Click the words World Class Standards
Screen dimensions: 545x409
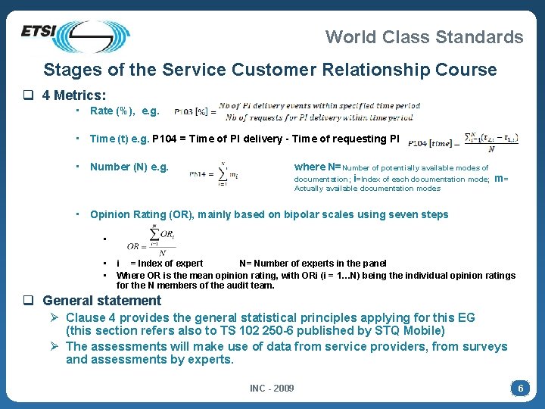(x=424, y=36)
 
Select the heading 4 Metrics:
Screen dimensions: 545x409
(x=74, y=95)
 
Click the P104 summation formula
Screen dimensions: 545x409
(x=462, y=142)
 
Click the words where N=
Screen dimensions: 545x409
(x=317, y=167)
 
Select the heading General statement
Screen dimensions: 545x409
(x=101, y=301)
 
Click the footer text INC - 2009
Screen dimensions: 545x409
(x=272, y=389)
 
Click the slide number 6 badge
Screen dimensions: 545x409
(x=519, y=389)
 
